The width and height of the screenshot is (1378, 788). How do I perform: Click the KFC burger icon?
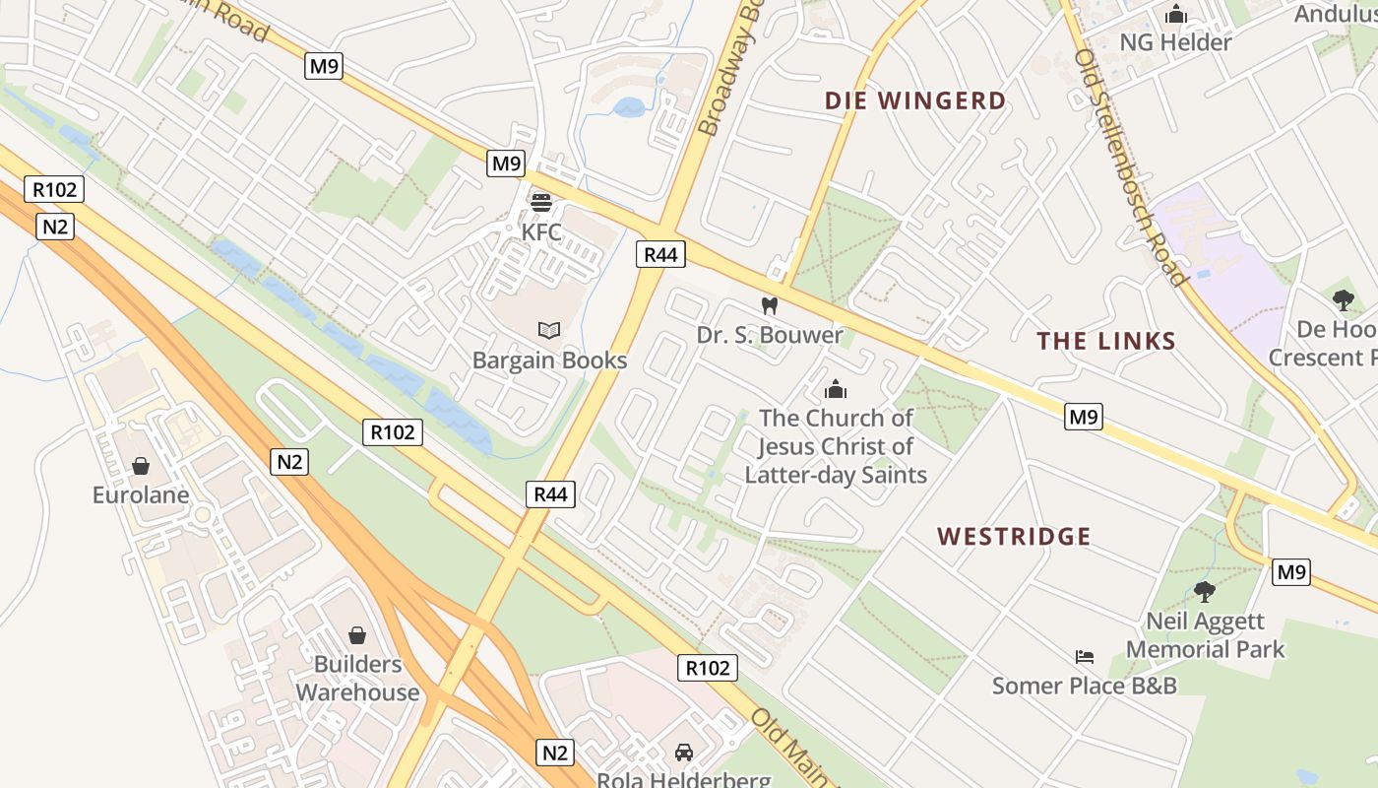(541, 203)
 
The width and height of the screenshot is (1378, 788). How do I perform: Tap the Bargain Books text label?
(549, 361)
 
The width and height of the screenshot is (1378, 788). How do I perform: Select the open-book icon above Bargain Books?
(549, 330)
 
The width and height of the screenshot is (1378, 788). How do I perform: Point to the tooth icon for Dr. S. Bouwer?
(771, 305)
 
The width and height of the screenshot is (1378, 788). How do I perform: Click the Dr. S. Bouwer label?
(770, 335)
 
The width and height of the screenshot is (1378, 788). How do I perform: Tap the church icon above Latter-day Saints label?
(836, 389)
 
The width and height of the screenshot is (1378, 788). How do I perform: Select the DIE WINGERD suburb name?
(915, 100)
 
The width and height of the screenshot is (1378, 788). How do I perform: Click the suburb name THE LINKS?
(1106, 342)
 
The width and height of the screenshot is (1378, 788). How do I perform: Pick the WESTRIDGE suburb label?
(1014, 537)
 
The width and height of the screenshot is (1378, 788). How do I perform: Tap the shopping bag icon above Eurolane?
(141, 465)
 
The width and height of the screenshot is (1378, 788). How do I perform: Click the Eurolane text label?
(141, 494)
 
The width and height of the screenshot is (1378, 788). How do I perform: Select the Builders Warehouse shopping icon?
(357, 635)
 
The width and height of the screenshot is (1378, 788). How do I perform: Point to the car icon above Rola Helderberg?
(684, 753)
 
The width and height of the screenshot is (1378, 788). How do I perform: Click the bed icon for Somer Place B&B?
(1085, 656)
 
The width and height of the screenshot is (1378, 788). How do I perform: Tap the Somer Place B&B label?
(1084, 686)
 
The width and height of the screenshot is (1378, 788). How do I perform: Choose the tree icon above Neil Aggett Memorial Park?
(1204, 591)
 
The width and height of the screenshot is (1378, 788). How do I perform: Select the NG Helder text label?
(1175, 42)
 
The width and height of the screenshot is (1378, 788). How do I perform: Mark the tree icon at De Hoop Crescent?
(1344, 300)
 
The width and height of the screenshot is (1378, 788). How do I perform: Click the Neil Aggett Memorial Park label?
(1205, 635)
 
